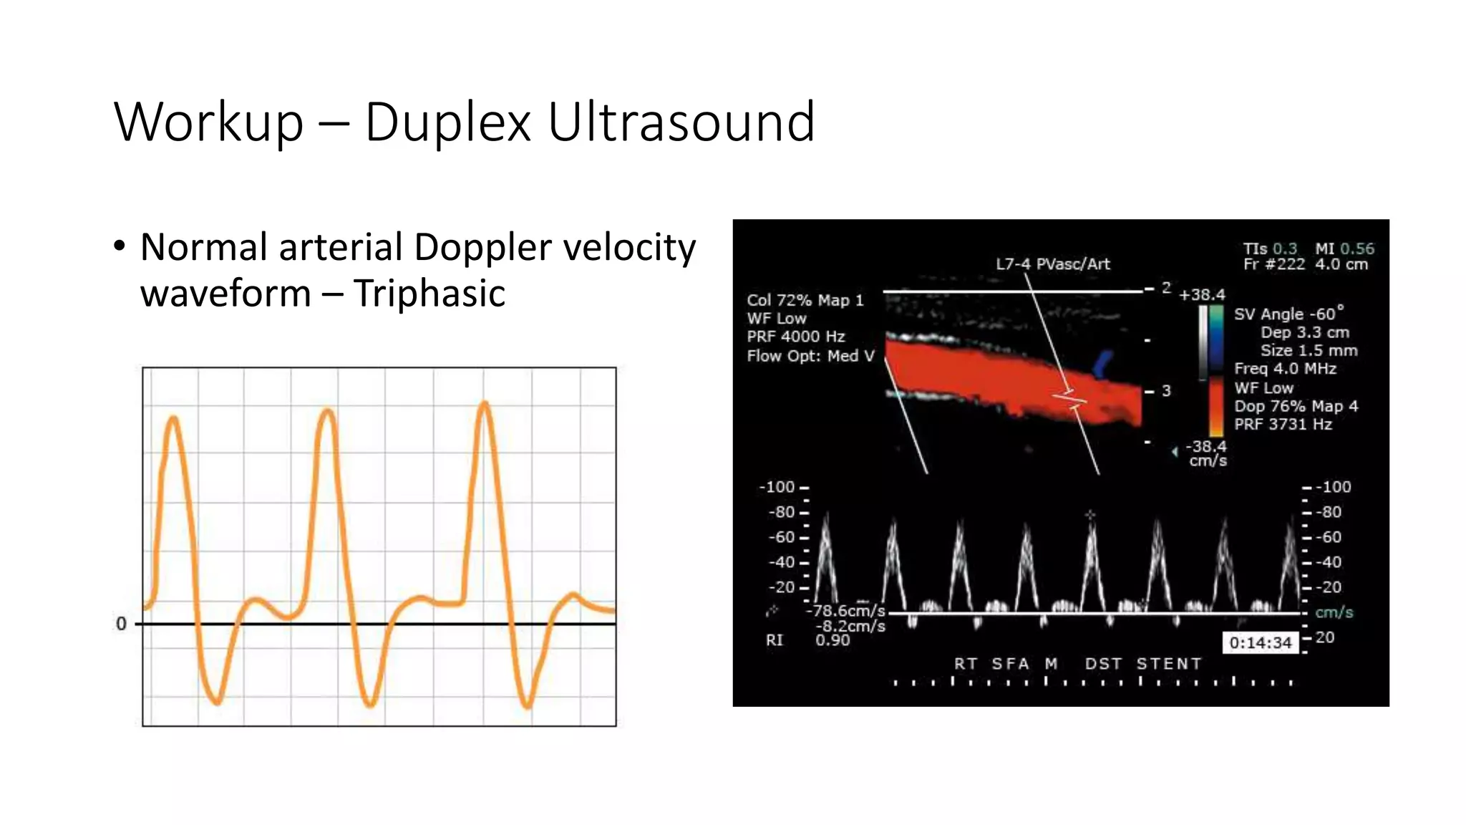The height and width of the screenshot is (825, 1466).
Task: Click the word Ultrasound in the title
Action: coord(681,122)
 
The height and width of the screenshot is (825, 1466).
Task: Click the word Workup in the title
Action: coord(208,122)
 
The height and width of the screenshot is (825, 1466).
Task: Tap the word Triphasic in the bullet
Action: coord(429,294)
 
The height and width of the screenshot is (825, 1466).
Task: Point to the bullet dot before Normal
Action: coord(120,246)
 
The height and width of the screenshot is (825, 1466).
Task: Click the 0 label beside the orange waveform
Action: coord(121,624)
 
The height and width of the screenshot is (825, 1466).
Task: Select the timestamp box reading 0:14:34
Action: coord(1260,642)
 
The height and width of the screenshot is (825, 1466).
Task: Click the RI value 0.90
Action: coord(832,640)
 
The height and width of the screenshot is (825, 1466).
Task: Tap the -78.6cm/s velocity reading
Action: coord(846,611)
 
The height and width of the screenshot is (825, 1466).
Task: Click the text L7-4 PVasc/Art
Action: coord(1052,264)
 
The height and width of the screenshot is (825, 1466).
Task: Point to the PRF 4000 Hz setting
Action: coord(795,337)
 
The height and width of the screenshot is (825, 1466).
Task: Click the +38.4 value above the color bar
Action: coord(1203,294)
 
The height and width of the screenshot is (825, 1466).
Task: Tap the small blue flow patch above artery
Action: coord(1103,363)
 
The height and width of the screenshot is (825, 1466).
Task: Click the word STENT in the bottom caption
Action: coord(1168,664)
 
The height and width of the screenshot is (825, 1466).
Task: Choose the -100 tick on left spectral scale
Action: coord(777,487)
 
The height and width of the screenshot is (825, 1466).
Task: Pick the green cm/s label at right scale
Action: coord(1334,612)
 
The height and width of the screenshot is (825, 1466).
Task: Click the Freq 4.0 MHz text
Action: coord(1285,369)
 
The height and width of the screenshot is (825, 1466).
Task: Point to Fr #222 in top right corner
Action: coord(1273,264)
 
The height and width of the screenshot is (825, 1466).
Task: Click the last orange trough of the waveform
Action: coord(527,705)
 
